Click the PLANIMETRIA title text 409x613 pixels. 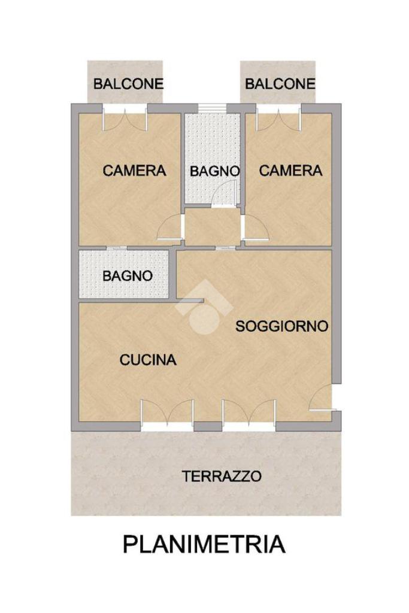click(204, 544)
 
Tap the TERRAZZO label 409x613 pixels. click(222, 476)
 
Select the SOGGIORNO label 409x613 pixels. click(281, 326)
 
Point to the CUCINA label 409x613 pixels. click(148, 360)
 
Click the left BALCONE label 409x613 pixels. click(128, 84)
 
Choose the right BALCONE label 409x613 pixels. click(280, 84)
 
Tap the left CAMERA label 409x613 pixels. click(134, 171)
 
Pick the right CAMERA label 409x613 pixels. click(290, 171)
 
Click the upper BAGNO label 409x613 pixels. click(214, 171)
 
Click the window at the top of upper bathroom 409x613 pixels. click(212, 108)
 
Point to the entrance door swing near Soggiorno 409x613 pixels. click(322, 397)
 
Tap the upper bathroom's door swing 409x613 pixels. click(225, 194)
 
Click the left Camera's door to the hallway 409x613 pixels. click(170, 227)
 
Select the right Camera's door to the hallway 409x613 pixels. click(256, 227)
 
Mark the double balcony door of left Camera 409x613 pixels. click(125, 119)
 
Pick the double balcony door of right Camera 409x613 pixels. click(278, 119)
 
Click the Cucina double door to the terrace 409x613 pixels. click(167, 414)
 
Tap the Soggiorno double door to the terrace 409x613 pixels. click(249, 414)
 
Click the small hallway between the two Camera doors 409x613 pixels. click(213, 227)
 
